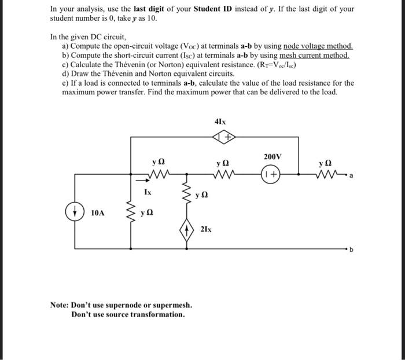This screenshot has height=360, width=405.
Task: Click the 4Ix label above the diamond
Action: pos(220,122)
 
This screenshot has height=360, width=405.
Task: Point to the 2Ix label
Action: pos(206,230)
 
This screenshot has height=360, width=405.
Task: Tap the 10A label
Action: pos(98,213)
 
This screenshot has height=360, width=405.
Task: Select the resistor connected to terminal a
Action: pos(327,172)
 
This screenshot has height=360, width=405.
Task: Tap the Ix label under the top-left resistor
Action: pos(149,189)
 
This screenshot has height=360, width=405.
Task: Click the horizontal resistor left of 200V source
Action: pos(223,172)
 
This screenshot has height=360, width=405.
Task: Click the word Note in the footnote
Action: pos(60,305)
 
